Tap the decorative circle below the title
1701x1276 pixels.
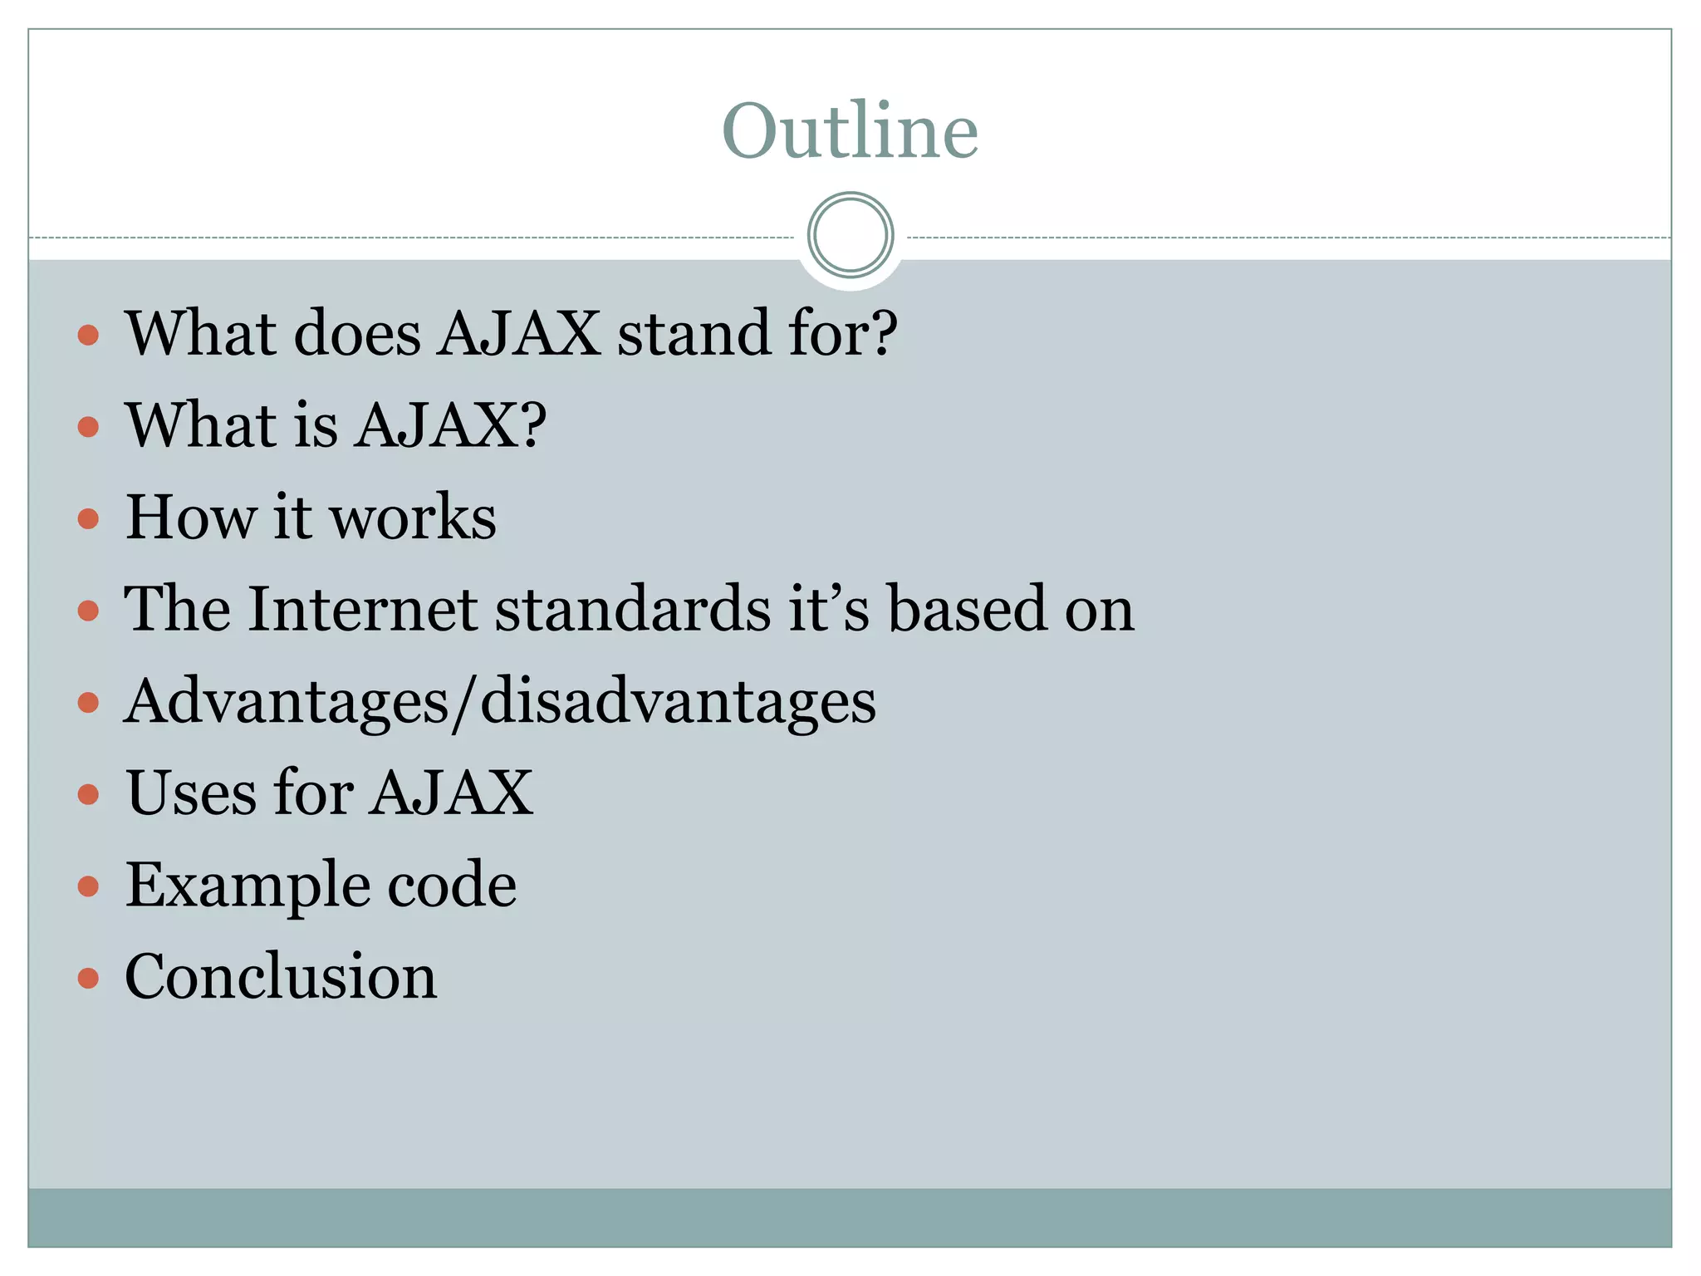click(850, 235)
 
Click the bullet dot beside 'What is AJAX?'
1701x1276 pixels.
click(88, 427)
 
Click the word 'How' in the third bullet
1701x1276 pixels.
click(190, 517)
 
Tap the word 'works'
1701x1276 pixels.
click(413, 517)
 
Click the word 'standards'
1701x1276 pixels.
click(633, 609)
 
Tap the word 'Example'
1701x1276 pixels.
click(246, 885)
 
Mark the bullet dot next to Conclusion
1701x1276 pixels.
click(88, 978)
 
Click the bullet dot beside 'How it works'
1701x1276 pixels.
click(88, 519)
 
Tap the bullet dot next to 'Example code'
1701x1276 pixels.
click(88, 886)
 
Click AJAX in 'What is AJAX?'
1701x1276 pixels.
click(437, 425)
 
